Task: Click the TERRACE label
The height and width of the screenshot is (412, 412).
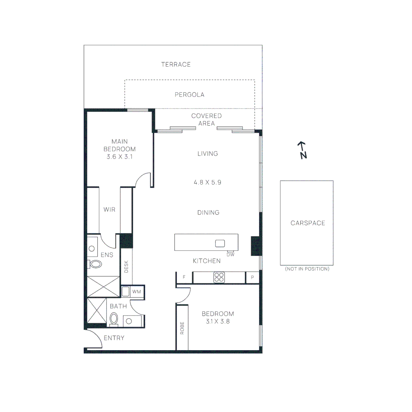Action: click(x=176, y=64)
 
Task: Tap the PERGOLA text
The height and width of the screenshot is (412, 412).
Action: click(x=190, y=95)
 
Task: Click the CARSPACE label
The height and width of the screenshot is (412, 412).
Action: click(x=308, y=223)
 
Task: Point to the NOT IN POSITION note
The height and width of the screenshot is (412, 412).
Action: click(x=307, y=269)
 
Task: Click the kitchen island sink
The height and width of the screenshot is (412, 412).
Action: click(x=220, y=243)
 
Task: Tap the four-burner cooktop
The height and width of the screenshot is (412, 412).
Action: click(x=219, y=277)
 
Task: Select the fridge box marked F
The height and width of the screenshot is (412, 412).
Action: click(x=184, y=277)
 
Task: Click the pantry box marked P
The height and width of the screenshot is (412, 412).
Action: click(x=252, y=277)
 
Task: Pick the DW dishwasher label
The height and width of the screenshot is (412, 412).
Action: click(x=230, y=254)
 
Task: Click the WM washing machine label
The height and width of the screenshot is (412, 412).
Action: click(x=137, y=291)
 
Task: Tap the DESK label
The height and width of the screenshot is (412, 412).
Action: click(x=127, y=267)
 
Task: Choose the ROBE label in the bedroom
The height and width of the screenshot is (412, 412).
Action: click(x=182, y=328)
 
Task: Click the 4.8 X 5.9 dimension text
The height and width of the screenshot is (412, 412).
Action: click(x=208, y=182)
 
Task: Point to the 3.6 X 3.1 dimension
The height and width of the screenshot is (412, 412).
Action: click(x=119, y=156)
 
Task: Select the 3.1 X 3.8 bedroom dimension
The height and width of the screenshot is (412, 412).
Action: click(x=218, y=321)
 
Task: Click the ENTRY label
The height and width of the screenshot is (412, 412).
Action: click(x=114, y=338)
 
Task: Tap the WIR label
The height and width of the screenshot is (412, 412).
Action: click(x=109, y=209)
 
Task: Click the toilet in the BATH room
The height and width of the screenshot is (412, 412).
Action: click(x=114, y=318)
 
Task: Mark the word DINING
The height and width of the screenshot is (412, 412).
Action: click(x=208, y=212)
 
